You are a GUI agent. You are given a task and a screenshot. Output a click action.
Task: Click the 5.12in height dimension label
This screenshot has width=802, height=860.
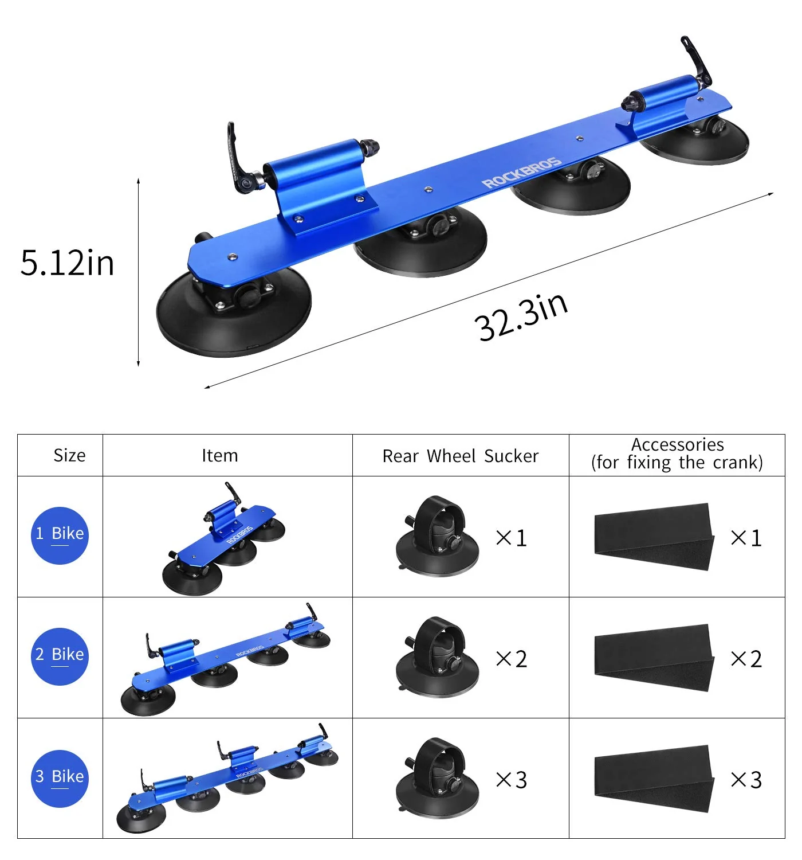(x=67, y=263)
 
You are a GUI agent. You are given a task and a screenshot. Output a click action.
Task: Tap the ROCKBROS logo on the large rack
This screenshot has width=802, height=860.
(x=521, y=173)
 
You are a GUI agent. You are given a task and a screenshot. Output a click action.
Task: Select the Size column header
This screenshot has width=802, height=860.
(x=69, y=455)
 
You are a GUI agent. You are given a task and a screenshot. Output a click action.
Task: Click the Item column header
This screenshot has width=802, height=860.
(x=219, y=455)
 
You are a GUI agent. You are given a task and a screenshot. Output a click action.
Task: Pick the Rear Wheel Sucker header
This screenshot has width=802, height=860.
(x=460, y=456)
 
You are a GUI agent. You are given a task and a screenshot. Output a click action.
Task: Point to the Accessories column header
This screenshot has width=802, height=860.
(x=677, y=454)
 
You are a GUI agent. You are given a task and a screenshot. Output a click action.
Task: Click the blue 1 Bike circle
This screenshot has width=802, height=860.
(x=60, y=535)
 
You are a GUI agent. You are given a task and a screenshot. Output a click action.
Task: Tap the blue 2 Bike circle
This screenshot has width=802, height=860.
(x=60, y=656)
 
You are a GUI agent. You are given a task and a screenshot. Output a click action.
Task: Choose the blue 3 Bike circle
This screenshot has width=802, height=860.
(x=60, y=778)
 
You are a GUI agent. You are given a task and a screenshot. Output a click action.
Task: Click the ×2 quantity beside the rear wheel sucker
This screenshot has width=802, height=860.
(x=512, y=659)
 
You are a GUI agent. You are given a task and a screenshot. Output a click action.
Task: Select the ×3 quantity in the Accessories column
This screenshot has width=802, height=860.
(x=746, y=780)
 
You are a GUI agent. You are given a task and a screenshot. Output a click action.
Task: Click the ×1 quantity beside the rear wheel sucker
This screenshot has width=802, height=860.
(x=512, y=538)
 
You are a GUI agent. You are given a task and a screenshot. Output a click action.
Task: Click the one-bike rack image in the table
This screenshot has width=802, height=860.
(x=223, y=539)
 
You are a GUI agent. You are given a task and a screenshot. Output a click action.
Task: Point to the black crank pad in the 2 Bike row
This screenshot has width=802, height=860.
(x=654, y=657)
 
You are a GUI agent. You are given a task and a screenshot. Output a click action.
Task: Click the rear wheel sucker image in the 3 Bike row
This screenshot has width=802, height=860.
(x=437, y=777)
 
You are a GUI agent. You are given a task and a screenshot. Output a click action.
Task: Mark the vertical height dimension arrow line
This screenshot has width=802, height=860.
(x=139, y=272)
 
